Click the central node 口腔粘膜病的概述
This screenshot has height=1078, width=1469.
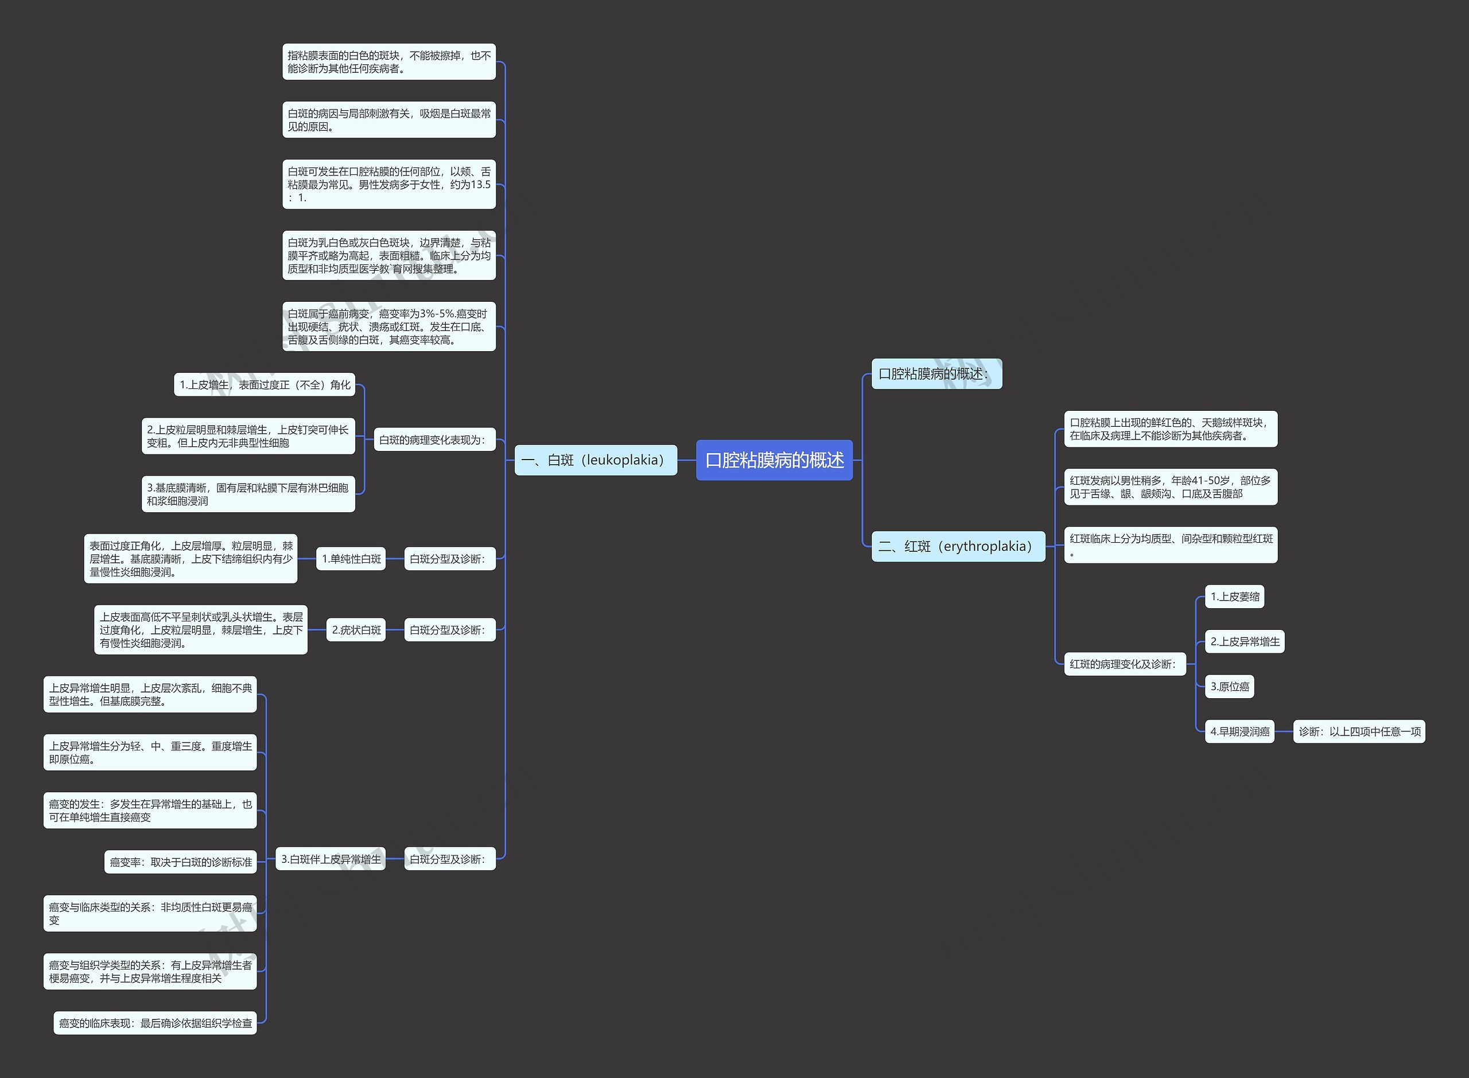coord(774,460)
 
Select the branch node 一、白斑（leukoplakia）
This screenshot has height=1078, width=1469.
coord(595,460)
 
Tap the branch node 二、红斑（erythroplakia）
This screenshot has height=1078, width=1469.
coord(957,546)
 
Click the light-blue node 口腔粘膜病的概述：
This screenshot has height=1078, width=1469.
coord(936,374)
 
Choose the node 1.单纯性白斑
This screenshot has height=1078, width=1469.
coord(351,559)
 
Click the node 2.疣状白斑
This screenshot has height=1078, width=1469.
coord(356,630)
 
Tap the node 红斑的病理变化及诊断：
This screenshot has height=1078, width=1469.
coord(1124,664)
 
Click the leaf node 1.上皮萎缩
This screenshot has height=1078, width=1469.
coord(1234,597)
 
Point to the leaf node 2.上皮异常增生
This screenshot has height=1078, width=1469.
coord(1244,641)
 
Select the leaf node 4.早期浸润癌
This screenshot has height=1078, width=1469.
coord(1239,731)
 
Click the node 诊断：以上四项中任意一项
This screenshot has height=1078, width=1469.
coord(1359,731)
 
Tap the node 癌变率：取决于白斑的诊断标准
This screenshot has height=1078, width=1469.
coord(180,862)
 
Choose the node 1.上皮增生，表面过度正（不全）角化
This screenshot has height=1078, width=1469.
coord(265,385)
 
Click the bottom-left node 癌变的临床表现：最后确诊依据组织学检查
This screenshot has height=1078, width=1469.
coord(156,1023)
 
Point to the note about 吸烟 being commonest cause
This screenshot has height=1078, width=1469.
coord(388,119)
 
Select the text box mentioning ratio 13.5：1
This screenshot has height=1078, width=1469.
coord(388,184)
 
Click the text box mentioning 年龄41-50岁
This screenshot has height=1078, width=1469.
coord(1170,487)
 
